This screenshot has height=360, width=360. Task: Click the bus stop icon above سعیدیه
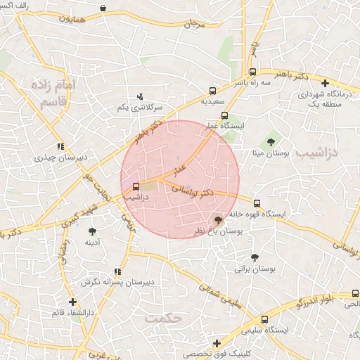[212, 91]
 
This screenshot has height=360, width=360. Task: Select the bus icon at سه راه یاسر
[252, 72]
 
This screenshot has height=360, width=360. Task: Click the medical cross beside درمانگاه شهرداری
[324, 84]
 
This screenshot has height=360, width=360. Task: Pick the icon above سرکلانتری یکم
[139, 96]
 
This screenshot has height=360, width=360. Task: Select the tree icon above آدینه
[92, 231]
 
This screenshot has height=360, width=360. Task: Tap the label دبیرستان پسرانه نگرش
[117, 282]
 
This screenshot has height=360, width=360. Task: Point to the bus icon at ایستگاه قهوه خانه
[257, 203]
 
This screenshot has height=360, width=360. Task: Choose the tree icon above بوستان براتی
[254, 258]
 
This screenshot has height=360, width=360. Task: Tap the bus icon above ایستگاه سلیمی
[264, 319]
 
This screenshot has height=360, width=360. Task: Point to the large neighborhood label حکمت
[164, 318]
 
